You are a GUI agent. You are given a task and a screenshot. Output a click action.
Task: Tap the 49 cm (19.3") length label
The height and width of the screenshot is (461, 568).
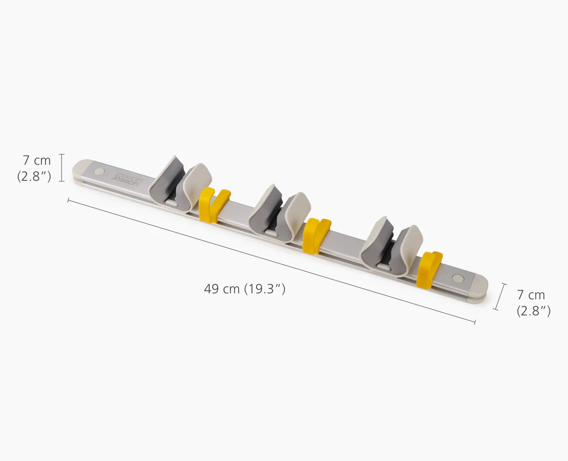click(245, 289)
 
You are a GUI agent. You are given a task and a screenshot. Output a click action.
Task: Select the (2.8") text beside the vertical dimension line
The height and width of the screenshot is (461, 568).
click(34, 176)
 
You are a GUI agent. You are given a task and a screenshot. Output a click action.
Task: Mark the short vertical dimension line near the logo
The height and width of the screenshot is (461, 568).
click(62, 167)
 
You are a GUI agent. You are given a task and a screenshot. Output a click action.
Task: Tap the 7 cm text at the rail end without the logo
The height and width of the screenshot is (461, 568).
click(531, 295)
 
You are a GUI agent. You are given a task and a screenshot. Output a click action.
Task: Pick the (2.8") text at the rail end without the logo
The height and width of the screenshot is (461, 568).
click(533, 311)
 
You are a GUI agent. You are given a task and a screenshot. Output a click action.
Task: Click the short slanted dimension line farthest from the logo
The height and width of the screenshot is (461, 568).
click(500, 296)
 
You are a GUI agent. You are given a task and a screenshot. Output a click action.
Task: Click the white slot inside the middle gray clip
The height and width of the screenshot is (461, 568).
click(271, 231)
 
